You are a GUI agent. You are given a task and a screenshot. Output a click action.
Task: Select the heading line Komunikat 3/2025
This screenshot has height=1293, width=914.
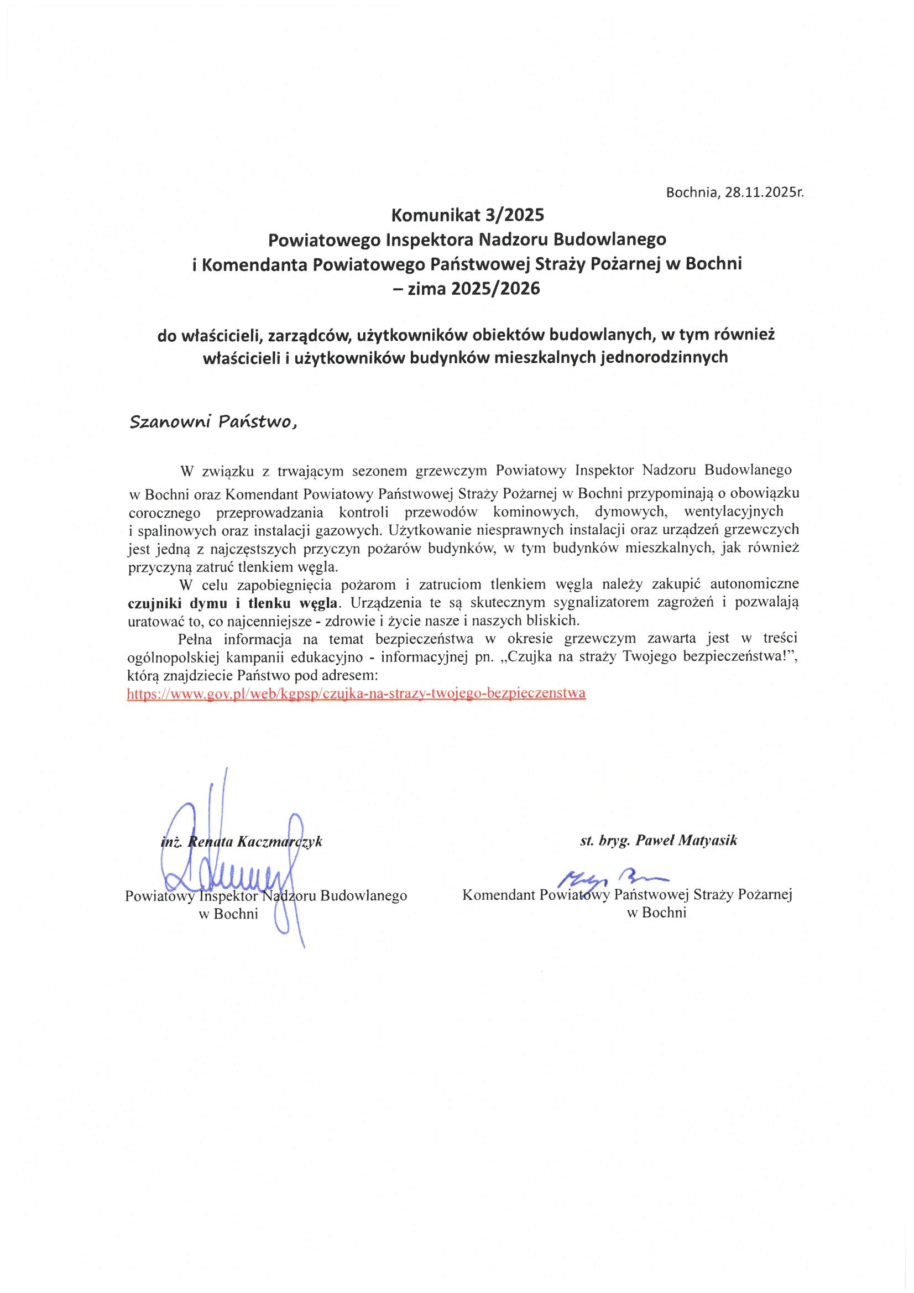pyautogui.click(x=468, y=215)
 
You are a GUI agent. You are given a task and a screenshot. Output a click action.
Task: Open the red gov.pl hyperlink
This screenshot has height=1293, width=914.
pyautogui.click(x=356, y=694)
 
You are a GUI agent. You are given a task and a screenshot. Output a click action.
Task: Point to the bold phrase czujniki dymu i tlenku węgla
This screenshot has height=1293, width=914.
pyautogui.click(x=234, y=603)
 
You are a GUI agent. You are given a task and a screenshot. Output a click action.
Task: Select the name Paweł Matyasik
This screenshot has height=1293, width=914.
pyautogui.click(x=686, y=841)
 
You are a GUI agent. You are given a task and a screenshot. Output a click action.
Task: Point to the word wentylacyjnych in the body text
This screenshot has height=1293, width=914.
pyautogui.click(x=733, y=512)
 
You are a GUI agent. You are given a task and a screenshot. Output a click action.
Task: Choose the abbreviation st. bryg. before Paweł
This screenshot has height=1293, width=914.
pyautogui.click(x=604, y=841)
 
